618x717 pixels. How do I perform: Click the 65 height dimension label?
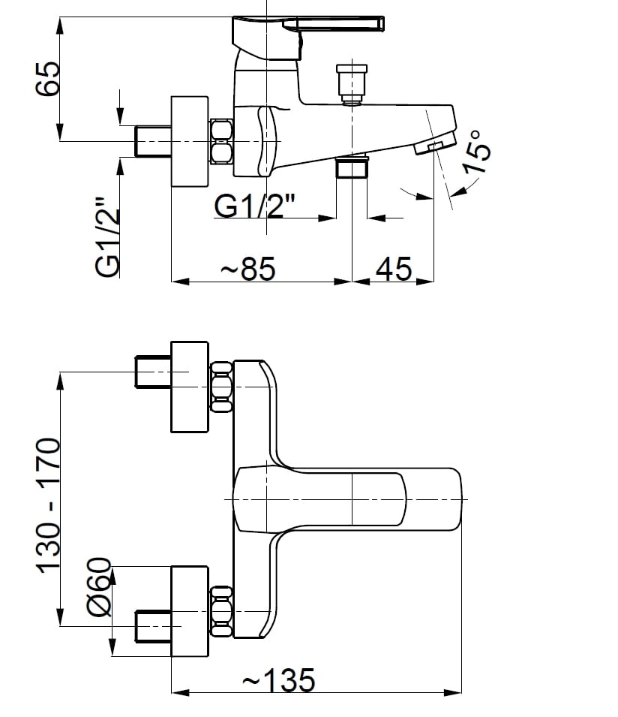48,78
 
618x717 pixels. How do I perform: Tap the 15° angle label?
478,152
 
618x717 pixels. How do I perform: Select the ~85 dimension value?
248,269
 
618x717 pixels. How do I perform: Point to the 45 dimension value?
394,269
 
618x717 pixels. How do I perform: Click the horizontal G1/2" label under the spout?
255,206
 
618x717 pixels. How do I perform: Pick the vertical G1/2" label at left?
107,236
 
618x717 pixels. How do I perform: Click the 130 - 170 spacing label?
48,506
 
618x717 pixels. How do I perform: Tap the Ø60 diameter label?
99,586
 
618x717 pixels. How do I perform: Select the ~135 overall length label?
278,680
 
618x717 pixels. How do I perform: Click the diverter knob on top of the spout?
352,82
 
